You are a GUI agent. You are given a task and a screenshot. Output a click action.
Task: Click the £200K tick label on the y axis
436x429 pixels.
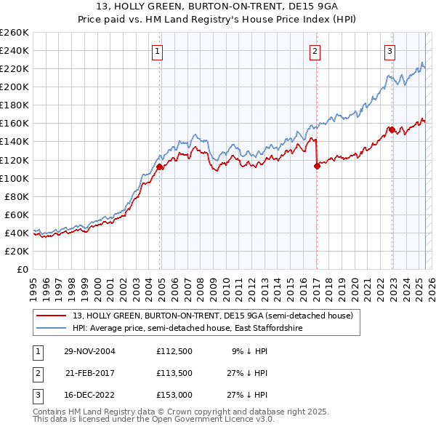14,87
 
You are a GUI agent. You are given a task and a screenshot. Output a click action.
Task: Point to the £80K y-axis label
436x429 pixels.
16,196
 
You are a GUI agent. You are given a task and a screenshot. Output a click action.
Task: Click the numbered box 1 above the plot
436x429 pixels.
157,51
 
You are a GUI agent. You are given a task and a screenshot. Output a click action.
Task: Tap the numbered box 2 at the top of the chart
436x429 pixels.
315,51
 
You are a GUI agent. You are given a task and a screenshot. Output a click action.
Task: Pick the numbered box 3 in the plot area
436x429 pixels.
390,51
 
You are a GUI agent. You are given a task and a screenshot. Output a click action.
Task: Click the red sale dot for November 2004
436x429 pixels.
160,167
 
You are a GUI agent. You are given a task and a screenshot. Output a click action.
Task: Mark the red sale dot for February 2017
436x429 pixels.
317,166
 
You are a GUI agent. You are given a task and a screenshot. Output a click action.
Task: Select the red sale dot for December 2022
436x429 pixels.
392,129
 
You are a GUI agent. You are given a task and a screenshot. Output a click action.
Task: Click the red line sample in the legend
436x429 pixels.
52,316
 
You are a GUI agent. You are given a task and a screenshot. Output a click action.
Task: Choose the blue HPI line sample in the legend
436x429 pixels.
52,329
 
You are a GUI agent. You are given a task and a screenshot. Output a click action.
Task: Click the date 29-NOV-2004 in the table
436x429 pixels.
90,351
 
